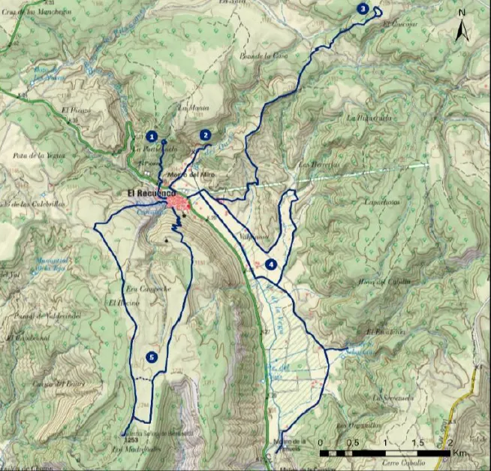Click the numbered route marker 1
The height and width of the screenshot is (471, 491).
pos(152,137)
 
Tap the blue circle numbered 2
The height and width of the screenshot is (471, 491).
pos(205,135)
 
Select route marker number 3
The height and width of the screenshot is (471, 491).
pos(363,9)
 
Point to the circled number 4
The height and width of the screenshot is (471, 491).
pos(271,264)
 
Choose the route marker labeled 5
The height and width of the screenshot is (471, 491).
pos(152,357)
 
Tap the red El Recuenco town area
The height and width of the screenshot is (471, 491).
pos(180,202)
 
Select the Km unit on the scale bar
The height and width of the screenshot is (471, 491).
pos(459,454)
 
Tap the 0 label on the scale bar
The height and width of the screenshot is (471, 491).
pos(321,442)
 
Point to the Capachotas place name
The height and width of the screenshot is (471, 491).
pos(382,202)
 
